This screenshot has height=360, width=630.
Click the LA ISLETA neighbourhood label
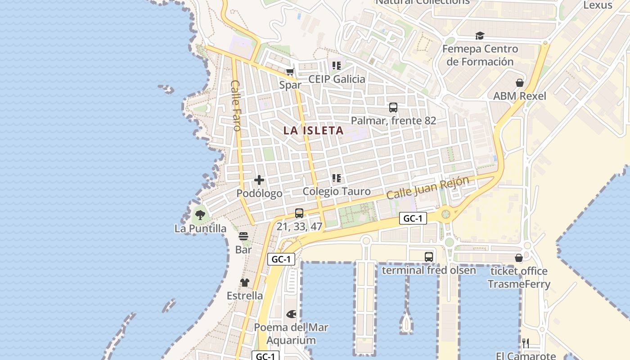[314, 131]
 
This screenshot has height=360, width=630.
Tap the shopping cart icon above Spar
[290, 72]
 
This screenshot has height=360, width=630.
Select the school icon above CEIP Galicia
[337, 66]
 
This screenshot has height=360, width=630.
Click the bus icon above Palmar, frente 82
[393, 108]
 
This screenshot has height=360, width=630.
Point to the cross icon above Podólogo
[259, 180]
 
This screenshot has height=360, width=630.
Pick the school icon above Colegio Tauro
[337, 178]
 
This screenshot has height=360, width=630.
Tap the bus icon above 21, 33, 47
[299, 213]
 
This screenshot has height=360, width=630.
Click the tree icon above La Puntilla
[200, 215]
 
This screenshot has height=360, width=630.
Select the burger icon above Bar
[243, 236]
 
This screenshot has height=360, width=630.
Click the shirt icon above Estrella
[244, 283]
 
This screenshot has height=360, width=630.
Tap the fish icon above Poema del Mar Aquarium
[291, 314]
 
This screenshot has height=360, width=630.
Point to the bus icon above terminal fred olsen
[429, 257]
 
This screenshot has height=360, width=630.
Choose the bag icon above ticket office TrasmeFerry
[519, 258]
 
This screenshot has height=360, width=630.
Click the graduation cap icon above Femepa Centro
[480, 36]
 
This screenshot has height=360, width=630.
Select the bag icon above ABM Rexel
[520, 83]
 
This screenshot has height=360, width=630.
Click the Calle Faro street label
[236, 105]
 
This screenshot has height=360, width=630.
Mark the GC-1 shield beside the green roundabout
[413, 219]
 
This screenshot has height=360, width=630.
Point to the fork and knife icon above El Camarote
[526, 343]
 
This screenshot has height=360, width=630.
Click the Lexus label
[598, 5]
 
